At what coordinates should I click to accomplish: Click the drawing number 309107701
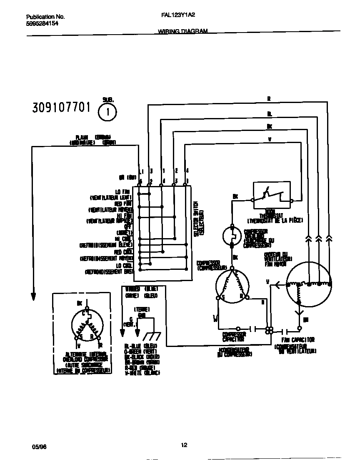click(x=61, y=108)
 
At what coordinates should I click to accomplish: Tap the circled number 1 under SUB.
click(x=107, y=112)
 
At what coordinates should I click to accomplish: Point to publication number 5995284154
click(x=42, y=24)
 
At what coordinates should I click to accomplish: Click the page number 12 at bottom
click(x=184, y=445)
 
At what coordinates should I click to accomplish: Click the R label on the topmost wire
click(x=269, y=99)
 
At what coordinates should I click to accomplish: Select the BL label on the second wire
click(x=269, y=113)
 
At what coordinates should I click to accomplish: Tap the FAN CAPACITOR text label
click(x=298, y=339)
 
